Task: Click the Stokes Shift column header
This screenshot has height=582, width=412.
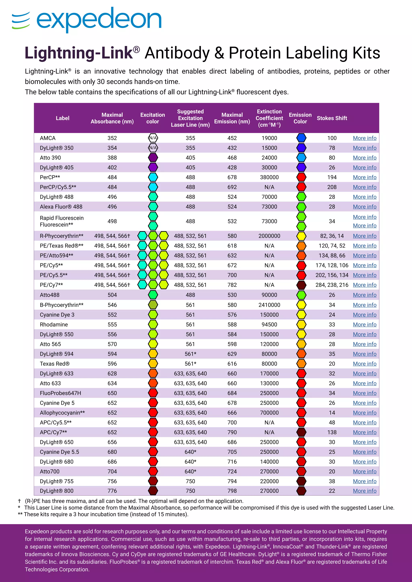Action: coord(332,118)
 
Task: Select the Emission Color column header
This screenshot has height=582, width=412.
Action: coord(300,118)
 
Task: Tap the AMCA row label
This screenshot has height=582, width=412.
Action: coord(48,138)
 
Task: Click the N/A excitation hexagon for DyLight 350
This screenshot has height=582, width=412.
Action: coord(153,148)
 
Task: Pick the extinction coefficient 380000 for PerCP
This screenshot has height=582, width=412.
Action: coord(269,177)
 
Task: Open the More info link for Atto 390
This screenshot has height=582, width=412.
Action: coord(365,158)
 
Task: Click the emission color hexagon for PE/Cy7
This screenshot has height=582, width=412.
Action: coord(301,285)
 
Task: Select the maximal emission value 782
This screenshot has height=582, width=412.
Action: coord(232,285)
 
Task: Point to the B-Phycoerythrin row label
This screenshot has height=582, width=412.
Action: coord(62,305)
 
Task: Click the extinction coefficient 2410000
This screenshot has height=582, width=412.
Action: coord(269,305)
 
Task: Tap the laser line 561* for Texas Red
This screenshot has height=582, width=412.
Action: coord(190,364)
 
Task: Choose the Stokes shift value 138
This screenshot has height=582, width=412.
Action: coord(332,432)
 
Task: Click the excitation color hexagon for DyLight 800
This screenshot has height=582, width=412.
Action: coord(153,491)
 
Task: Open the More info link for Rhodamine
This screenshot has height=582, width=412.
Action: coord(365,324)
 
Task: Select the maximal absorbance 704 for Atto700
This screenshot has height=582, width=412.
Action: coord(112,471)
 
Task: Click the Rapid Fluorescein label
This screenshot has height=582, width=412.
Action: coord(62,218)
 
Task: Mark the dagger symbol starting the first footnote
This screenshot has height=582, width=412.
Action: coord(19,501)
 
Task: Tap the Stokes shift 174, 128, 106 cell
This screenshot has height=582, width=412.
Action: coord(332,265)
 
